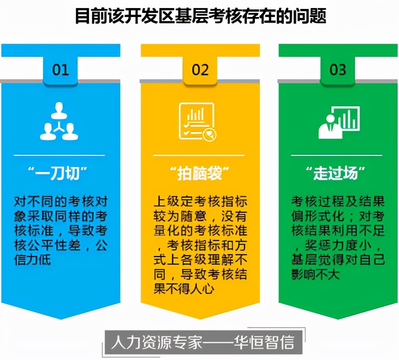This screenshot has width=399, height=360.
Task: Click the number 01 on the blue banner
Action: [61, 69]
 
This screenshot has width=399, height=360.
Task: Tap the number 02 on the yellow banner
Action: [200, 69]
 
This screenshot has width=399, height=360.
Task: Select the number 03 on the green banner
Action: [338, 69]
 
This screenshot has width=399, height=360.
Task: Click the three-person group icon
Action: [59, 121]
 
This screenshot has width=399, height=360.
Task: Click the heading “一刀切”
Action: [58, 173]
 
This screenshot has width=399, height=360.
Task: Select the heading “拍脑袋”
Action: [200, 173]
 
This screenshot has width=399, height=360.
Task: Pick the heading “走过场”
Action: [336, 173]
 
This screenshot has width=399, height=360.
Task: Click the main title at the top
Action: [201, 16]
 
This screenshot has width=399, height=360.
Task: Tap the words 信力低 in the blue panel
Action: [33, 260]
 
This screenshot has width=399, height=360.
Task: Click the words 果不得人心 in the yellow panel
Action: [184, 289]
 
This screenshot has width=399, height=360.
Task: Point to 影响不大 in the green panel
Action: [315, 274]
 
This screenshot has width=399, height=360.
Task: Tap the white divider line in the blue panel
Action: [59, 155]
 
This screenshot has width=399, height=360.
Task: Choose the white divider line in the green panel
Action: [337, 155]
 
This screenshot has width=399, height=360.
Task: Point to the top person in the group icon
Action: [59, 110]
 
